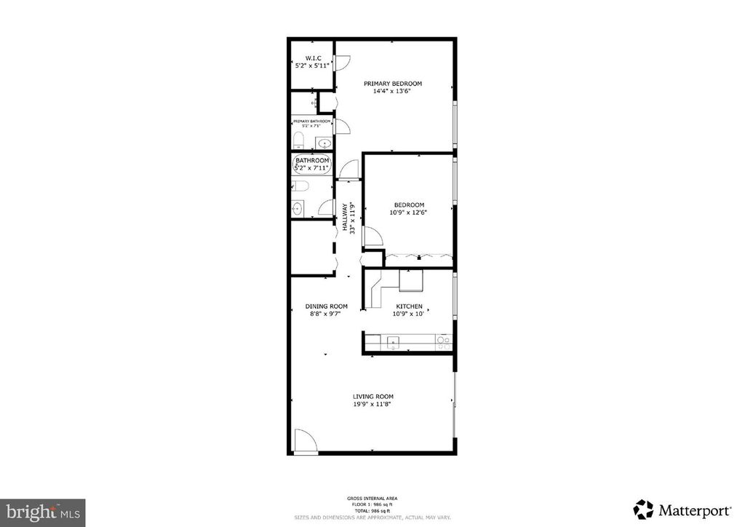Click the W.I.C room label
coord(313,58)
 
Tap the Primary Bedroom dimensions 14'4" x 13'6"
coord(393,92)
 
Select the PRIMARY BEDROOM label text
coord(393,84)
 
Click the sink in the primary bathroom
coord(322,143)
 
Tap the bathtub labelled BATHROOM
coord(312,165)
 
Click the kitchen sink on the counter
coord(392,341)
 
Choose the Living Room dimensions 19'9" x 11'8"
coord(372,405)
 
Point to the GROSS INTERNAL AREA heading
coord(372,499)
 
